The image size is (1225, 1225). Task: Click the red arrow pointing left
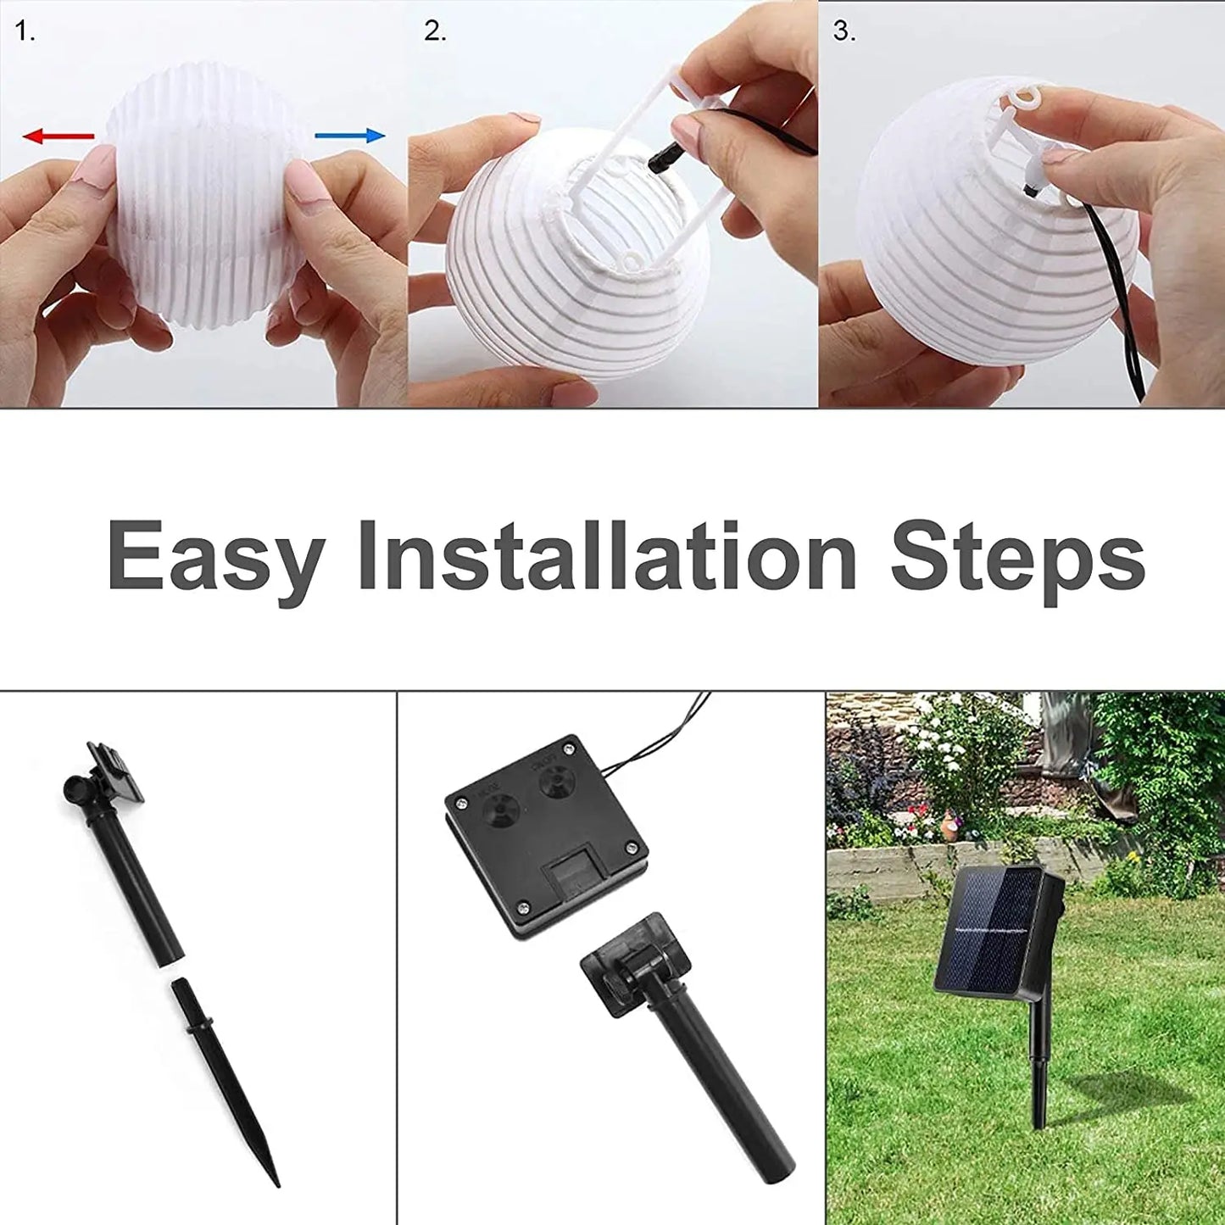[x=58, y=136]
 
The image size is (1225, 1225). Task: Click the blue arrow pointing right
[x=349, y=136]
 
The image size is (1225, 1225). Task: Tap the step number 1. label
[x=25, y=32]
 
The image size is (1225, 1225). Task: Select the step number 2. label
[x=435, y=32]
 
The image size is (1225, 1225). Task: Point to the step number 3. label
[x=844, y=32]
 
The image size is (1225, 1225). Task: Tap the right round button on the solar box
[x=555, y=778]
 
